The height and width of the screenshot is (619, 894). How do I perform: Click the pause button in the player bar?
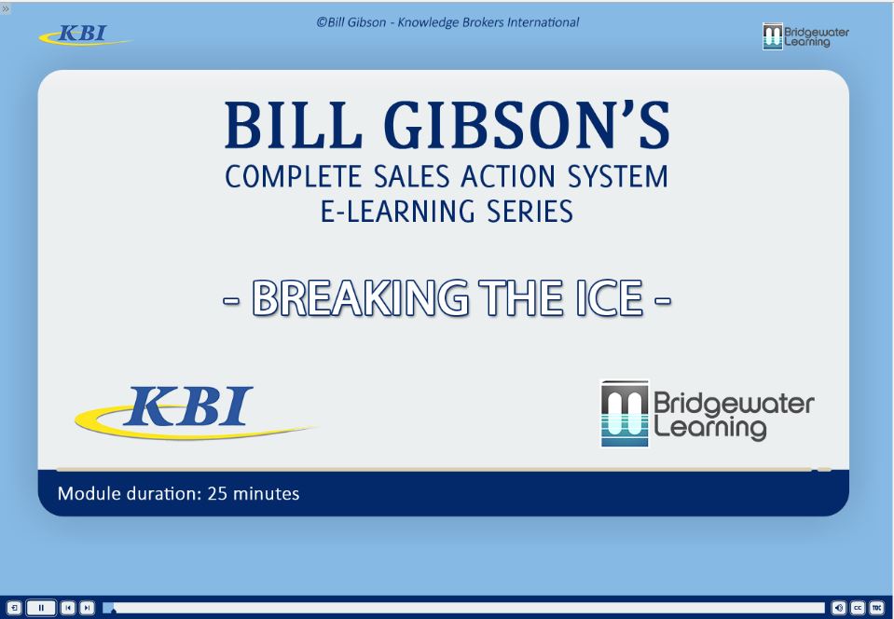pos(41,608)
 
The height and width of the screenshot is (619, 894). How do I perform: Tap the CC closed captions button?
pos(858,608)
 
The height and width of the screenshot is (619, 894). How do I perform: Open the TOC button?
pos(876,608)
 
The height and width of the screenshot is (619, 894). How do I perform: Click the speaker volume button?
pos(839,608)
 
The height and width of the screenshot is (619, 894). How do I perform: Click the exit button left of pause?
pos(13,608)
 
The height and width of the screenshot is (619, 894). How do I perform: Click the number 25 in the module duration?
pos(217,493)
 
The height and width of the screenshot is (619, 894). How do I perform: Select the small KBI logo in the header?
pos(83,35)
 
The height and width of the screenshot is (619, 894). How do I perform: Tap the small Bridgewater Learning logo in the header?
pos(805,36)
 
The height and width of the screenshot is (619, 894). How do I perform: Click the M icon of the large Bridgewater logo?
pos(625,413)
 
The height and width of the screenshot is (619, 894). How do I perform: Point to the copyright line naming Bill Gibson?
pos(447,21)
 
